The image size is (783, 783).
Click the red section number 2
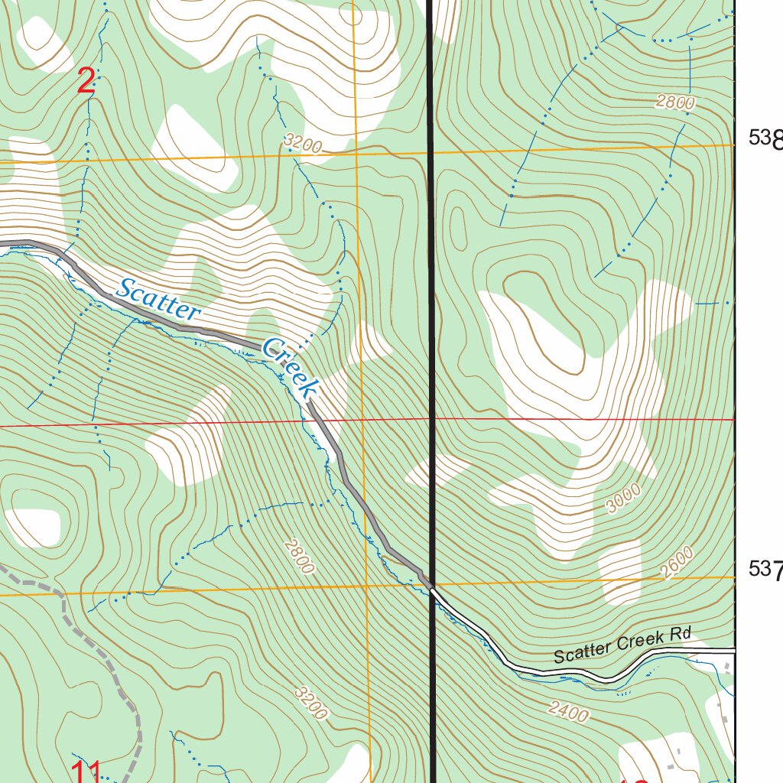pos(86,82)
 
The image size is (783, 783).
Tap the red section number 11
pos(86,770)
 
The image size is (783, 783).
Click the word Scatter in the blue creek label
pos(158,300)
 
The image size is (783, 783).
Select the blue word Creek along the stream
pos(289,368)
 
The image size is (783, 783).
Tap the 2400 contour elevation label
pos(568,712)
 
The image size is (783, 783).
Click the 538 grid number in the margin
pos(765,138)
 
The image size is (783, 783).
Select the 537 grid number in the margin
pos(765,569)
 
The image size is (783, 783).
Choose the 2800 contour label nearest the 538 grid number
pos(674,103)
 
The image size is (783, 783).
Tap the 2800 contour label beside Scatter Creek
pos(298,556)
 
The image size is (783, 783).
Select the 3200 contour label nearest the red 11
pos(311,703)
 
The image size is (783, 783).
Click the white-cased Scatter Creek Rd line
pos(551,674)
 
